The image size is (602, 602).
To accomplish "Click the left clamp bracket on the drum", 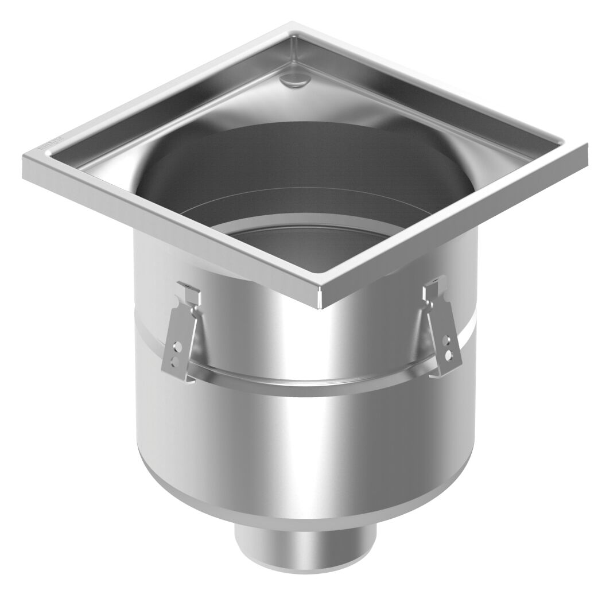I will pyautogui.click(x=182, y=336).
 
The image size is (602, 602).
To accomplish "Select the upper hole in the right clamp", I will pyautogui.click(x=446, y=343).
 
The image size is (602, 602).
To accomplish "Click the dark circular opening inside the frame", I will pyautogui.click(x=310, y=172).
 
